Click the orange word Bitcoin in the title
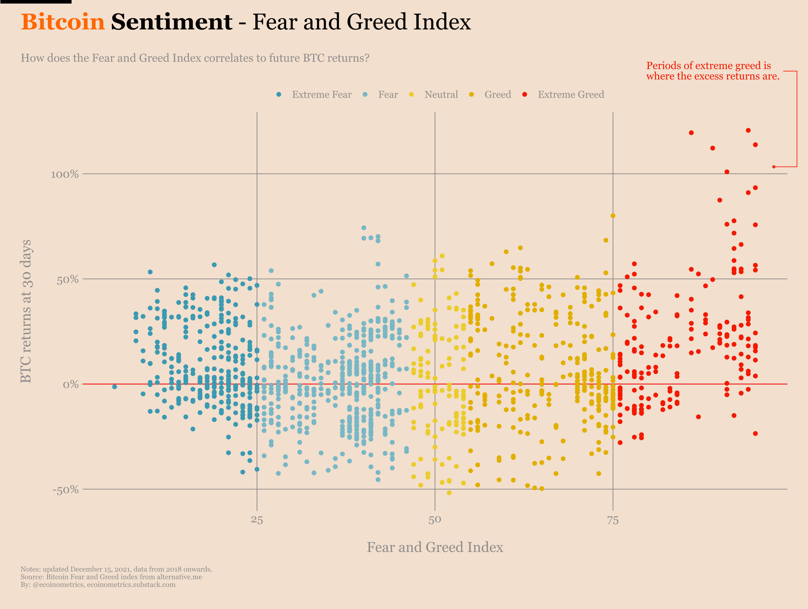pos(63,22)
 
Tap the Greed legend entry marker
pos(472,94)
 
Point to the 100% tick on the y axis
pos(65,174)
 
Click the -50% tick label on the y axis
pos(66,490)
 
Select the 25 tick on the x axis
pos(257,520)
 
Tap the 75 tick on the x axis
pos(613,520)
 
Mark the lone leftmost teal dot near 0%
pos(115,387)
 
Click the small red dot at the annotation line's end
pos(774,167)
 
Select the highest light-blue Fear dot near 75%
pos(364,228)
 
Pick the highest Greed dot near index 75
pos(613,216)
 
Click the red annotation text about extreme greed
pos(712,71)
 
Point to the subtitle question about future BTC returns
pos(195,58)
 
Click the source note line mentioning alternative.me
pos(111,577)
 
